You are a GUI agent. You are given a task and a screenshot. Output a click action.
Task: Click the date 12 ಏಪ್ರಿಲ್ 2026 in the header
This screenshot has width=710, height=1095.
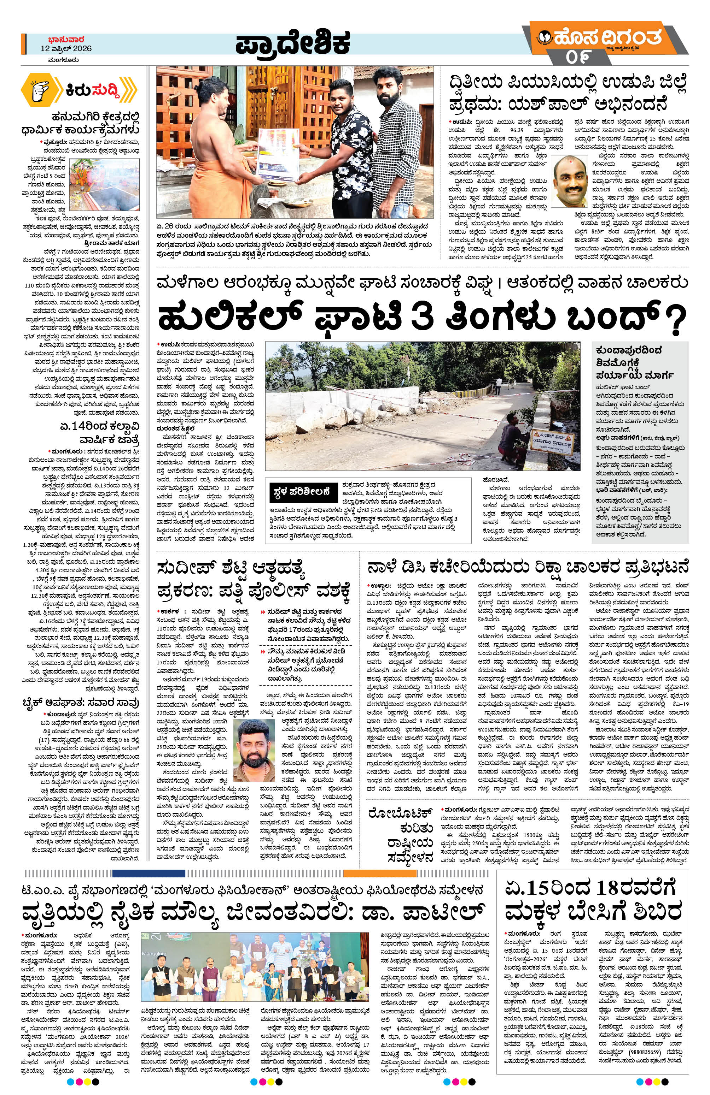pyautogui.click(x=66, y=48)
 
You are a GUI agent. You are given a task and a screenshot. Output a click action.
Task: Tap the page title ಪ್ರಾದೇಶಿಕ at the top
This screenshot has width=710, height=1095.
pyautogui.click(x=292, y=45)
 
